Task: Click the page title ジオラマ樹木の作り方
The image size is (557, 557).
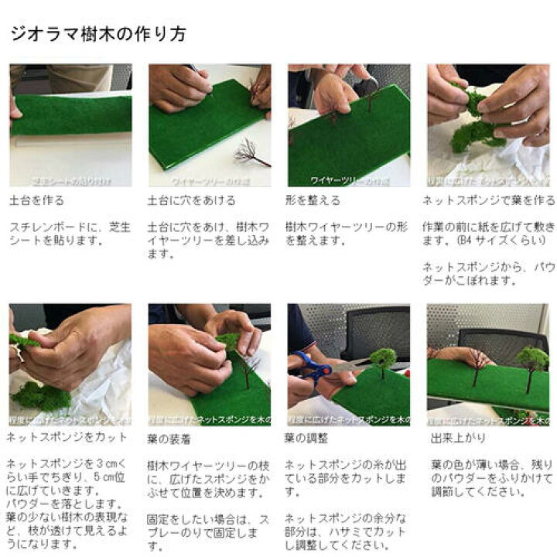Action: [97, 35]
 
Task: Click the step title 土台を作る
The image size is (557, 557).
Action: [36, 200]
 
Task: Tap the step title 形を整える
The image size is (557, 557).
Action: [313, 200]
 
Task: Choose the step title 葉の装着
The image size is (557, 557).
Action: [169, 439]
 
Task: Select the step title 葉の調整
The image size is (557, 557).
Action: [306, 439]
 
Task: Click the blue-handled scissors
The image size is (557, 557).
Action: [313, 370]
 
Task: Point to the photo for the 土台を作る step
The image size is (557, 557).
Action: [70, 125]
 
